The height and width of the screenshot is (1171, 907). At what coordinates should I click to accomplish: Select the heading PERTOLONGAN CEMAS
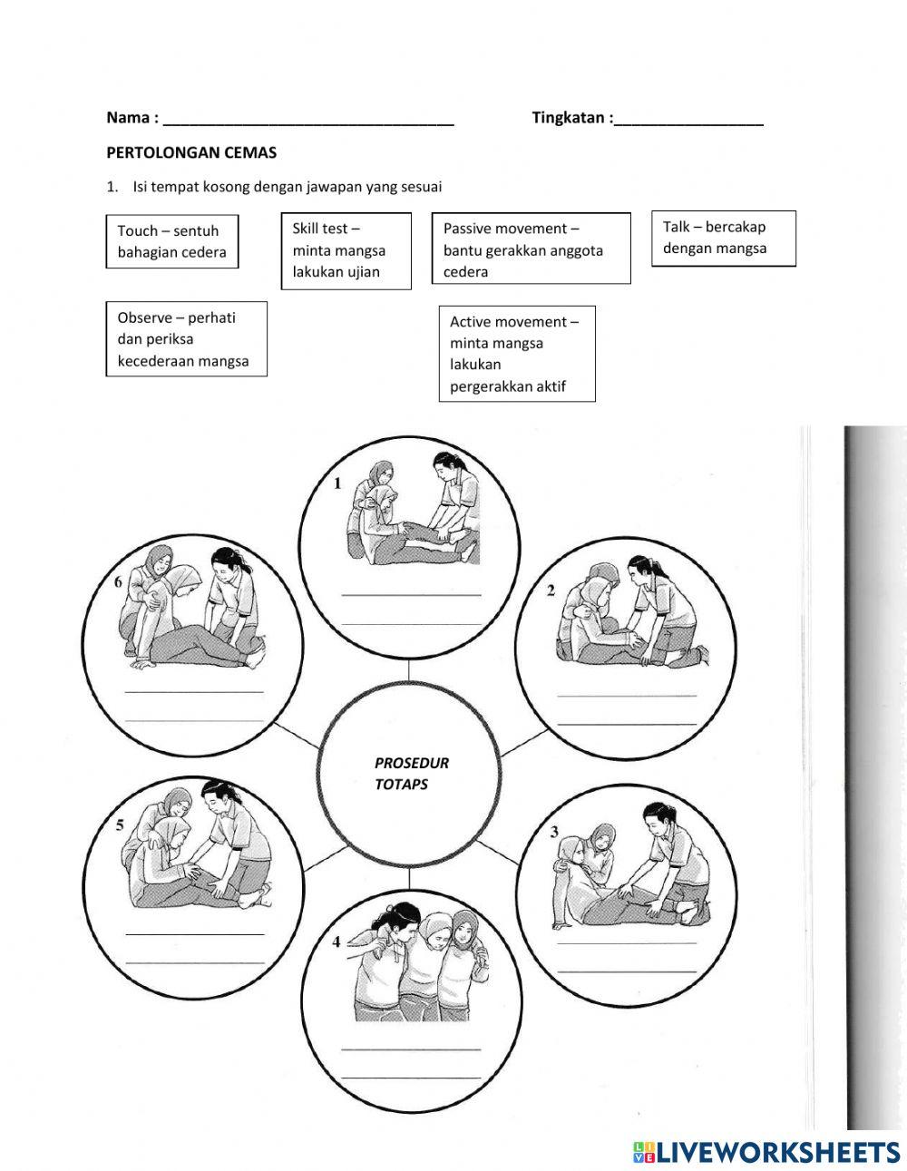pyautogui.click(x=191, y=152)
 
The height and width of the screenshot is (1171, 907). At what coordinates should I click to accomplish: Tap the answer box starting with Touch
pyautogui.click(x=171, y=241)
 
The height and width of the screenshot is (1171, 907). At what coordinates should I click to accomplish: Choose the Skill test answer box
pyautogui.click(x=346, y=250)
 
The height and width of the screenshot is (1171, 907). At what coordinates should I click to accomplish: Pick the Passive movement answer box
pyautogui.click(x=531, y=249)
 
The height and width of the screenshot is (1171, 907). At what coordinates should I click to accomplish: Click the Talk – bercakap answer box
pyautogui.click(x=723, y=239)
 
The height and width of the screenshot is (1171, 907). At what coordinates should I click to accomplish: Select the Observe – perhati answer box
pyautogui.click(x=186, y=339)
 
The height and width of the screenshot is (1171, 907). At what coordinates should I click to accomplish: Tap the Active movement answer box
pyautogui.click(x=517, y=354)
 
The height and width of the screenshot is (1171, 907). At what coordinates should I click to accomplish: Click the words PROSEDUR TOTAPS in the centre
pyautogui.click(x=412, y=774)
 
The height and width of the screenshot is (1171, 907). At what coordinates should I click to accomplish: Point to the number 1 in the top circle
pyautogui.click(x=337, y=483)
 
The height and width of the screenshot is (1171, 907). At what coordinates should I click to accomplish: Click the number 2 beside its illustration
pyautogui.click(x=551, y=591)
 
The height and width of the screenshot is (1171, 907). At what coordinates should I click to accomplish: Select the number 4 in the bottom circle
pyautogui.click(x=336, y=942)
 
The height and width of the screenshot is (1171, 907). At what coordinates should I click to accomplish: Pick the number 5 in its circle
pyautogui.click(x=121, y=825)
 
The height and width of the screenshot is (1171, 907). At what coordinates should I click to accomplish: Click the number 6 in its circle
pyautogui.click(x=118, y=583)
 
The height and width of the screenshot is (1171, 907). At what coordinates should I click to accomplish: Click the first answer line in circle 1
pyautogui.click(x=411, y=595)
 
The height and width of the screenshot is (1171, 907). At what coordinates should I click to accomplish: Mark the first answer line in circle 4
pyautogui.click(x=411, y=1049)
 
